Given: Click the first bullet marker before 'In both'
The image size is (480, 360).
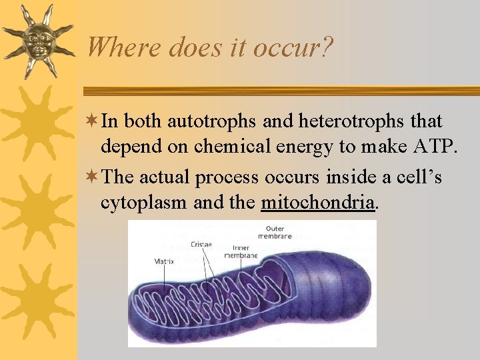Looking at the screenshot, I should coord(93,121).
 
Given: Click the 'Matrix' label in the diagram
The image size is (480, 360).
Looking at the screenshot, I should coord(164,262).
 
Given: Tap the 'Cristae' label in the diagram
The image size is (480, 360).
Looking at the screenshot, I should coord(201,245).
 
